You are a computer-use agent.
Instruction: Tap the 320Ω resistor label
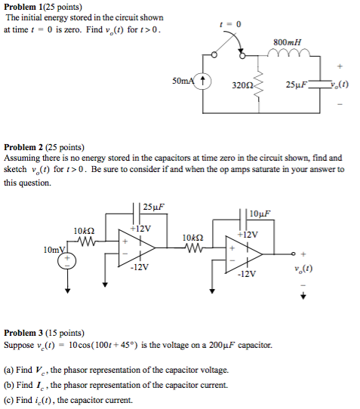pyautogui.click(x=242, y=85)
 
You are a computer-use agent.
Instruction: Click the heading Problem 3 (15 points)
pyautogui.click(x=43, y=333)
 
